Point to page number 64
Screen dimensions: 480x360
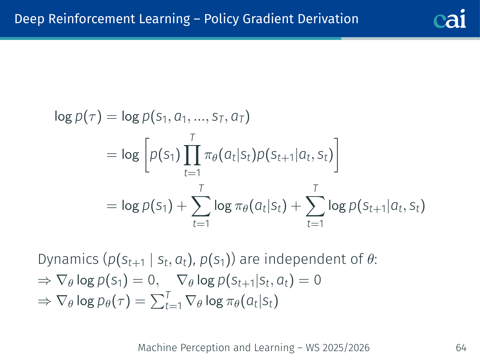click(x=461, y=348)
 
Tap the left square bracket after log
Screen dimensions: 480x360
click(x=148, y=155)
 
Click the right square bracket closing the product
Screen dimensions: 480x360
click(x=336, y=155)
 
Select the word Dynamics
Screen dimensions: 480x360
click(x=68, y=259)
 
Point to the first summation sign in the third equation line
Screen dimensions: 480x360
click(x=201, y=206)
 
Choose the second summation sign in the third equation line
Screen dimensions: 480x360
click(x=315, y=206)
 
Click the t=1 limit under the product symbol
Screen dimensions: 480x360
click(x=192, y=173)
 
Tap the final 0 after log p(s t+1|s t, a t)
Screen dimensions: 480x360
click(x=317, y=280)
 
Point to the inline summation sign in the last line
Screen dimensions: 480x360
click(x=157, y=302)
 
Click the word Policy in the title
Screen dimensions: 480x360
click(x=221, y=19)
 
